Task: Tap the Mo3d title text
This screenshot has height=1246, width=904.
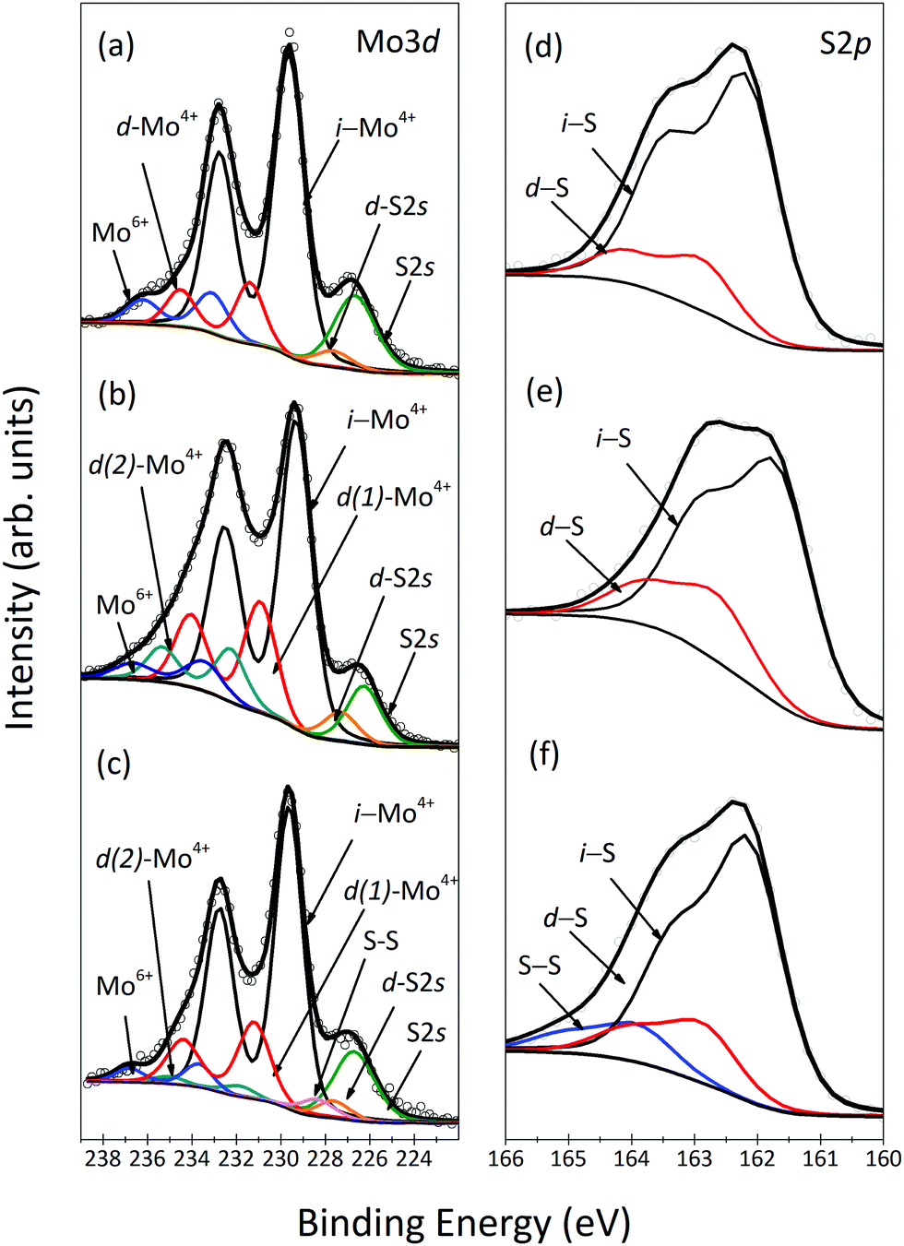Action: coord(397,42)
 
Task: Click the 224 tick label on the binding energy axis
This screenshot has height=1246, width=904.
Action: coord(414,1158)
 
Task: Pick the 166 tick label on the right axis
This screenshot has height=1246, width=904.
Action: coord(506,1158)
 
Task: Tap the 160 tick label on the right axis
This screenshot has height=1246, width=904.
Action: coord(884,1158)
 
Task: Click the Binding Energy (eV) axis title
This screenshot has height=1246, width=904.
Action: coord(464,1223)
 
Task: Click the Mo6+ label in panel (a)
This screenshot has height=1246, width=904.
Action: coord(120,231)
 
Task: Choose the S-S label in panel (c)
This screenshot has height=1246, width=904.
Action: coord(381,941)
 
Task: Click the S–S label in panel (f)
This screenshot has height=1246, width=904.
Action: coord(540,966)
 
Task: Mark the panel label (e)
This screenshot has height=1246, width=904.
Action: coord(544,391)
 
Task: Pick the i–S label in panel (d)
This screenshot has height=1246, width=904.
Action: coord(578,122)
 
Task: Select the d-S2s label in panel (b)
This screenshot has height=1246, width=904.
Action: coord(400,578)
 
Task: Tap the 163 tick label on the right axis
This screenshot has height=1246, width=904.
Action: coord(695,1158)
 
